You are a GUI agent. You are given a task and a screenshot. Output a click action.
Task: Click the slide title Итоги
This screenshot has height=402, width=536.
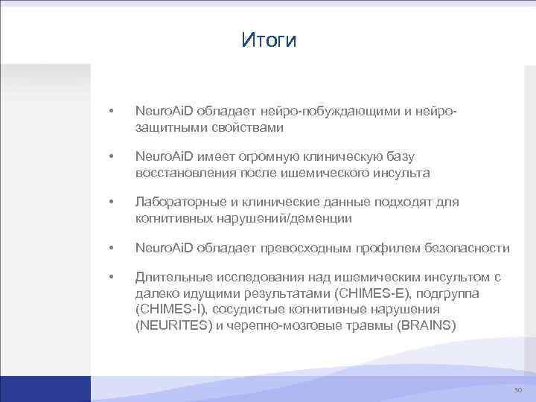tap(269, 39)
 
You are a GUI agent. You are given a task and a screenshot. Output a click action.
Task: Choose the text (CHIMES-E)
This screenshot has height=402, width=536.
tap(366, 293)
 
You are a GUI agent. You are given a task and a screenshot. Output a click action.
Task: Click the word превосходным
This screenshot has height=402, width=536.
tap(316, 248)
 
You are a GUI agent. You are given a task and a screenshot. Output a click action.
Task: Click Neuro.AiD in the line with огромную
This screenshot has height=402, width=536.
tap(164, 156)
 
